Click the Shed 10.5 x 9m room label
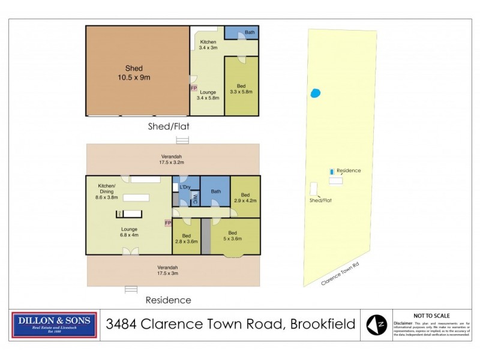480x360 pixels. click(137, 73)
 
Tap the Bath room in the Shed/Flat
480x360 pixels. click(242, 32)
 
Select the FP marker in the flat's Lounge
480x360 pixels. click(194, 88)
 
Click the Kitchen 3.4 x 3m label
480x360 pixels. click(208, 45)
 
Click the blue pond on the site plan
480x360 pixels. click(314, 93)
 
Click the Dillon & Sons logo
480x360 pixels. click(55, 325)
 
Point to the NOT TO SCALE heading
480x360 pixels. click(431, 316)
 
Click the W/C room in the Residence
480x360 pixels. click(194, 200)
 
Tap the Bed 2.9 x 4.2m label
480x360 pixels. click(245, 198)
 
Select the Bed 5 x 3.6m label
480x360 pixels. click(232, 236)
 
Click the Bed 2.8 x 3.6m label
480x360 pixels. click(187, 238)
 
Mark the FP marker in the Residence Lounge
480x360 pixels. click(168, 223)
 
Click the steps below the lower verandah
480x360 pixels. click(131, 289)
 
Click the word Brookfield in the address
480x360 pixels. click(323, 325)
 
